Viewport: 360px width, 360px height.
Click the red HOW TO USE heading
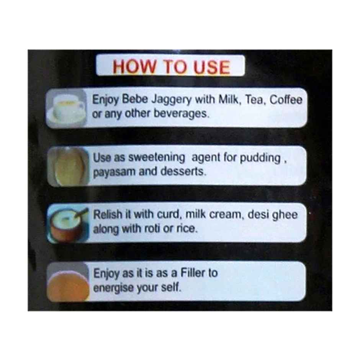[171, 67]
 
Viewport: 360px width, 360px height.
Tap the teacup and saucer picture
[67, 108]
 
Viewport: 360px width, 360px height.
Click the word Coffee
[286, 100]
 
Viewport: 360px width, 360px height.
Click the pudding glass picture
[69, 166]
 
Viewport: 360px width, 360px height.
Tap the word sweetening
[157, 157]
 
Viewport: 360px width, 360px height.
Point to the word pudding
[260, 159]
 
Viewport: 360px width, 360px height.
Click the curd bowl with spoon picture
[68, 224]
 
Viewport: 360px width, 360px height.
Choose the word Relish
[108, 214]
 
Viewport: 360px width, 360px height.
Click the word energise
[114, 288]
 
